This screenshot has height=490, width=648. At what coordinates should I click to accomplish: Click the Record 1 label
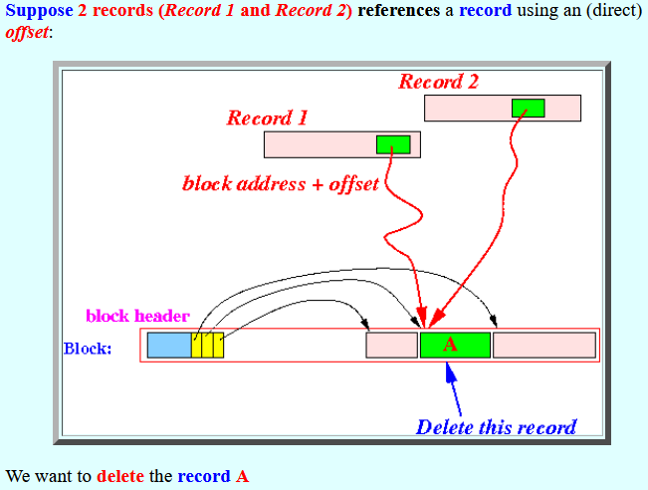[x=267, y=118]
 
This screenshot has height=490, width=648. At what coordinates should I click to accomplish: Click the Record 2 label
[x=439, y=82]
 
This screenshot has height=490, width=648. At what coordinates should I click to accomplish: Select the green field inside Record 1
[x=393, y=144]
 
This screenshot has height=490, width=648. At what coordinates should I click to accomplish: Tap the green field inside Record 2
[x=529, y=109]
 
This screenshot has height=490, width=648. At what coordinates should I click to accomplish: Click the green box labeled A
[x=456, y=345]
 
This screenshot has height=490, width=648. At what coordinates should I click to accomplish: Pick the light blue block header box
[x=169, y=345]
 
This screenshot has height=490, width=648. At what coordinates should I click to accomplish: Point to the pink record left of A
[x=392, y=345]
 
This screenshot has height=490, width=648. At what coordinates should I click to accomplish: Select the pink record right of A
[x=544, y=345]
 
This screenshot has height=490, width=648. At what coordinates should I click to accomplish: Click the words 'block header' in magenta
[x=137, y=316]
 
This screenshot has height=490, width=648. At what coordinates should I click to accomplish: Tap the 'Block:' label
[x=88, y=349]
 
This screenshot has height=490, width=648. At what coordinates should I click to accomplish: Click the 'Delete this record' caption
[x=496, y=427]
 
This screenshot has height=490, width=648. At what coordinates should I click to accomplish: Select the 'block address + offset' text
[x=281, y=184]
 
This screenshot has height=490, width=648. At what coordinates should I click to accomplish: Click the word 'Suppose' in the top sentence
[x=39, y=11]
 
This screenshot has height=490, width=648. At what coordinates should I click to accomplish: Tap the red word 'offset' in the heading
[x=27, y=32]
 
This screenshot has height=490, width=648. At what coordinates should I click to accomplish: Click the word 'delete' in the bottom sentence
[x=120, y=476]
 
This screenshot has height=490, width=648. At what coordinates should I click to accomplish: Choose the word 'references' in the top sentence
[x=398, y=10]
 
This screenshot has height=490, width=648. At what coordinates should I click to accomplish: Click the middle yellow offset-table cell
[x=207, y=345]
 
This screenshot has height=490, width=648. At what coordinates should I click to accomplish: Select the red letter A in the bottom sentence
[x=243, y=476]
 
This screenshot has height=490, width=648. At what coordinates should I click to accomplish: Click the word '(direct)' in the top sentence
[x=614, y=11]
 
